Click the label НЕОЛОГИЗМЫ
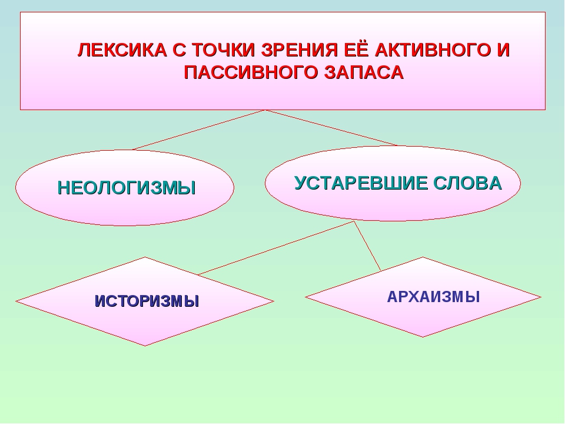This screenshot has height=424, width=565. tap(127, 188)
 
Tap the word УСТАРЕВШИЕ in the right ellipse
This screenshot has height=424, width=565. tap(361, 183)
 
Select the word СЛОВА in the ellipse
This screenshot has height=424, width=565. tap(467, 183)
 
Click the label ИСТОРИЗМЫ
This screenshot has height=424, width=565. tap(147, 302)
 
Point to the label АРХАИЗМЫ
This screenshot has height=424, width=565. tap(433, 297)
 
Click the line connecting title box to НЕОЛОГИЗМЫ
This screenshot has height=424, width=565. tap(198, 130)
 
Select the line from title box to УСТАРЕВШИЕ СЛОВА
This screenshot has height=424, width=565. tap(331, 128)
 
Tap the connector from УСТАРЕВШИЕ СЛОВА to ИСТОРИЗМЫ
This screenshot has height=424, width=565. tap(277, 248)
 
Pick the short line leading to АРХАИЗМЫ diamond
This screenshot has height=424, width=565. tap(367, 246)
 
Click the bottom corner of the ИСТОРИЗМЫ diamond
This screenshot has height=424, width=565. tap(145, 346)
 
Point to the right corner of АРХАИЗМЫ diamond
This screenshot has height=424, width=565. tap(541, 297)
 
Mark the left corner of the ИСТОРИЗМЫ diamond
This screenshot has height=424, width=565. tap(16, 302)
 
